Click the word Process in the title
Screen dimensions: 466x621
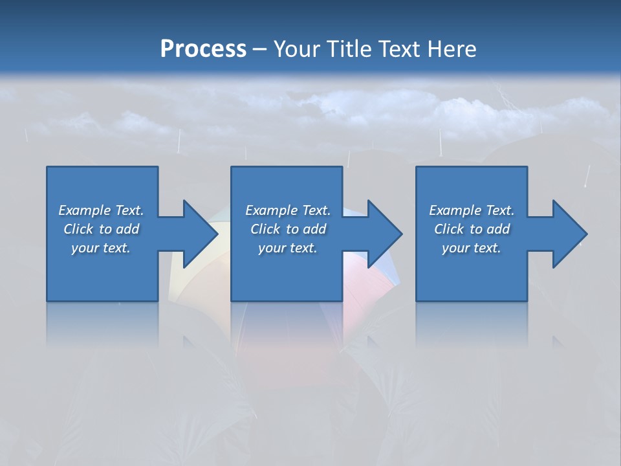click(203, 49)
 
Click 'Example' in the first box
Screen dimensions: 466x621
click(84, 210)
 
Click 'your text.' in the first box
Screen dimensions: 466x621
click(101, 248)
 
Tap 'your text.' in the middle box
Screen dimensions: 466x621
click(287, 248)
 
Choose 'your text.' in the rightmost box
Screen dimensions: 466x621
click(472, 248)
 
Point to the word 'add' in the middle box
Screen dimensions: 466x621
click(314, 229)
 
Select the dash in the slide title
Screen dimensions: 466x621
click(260, 49)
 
